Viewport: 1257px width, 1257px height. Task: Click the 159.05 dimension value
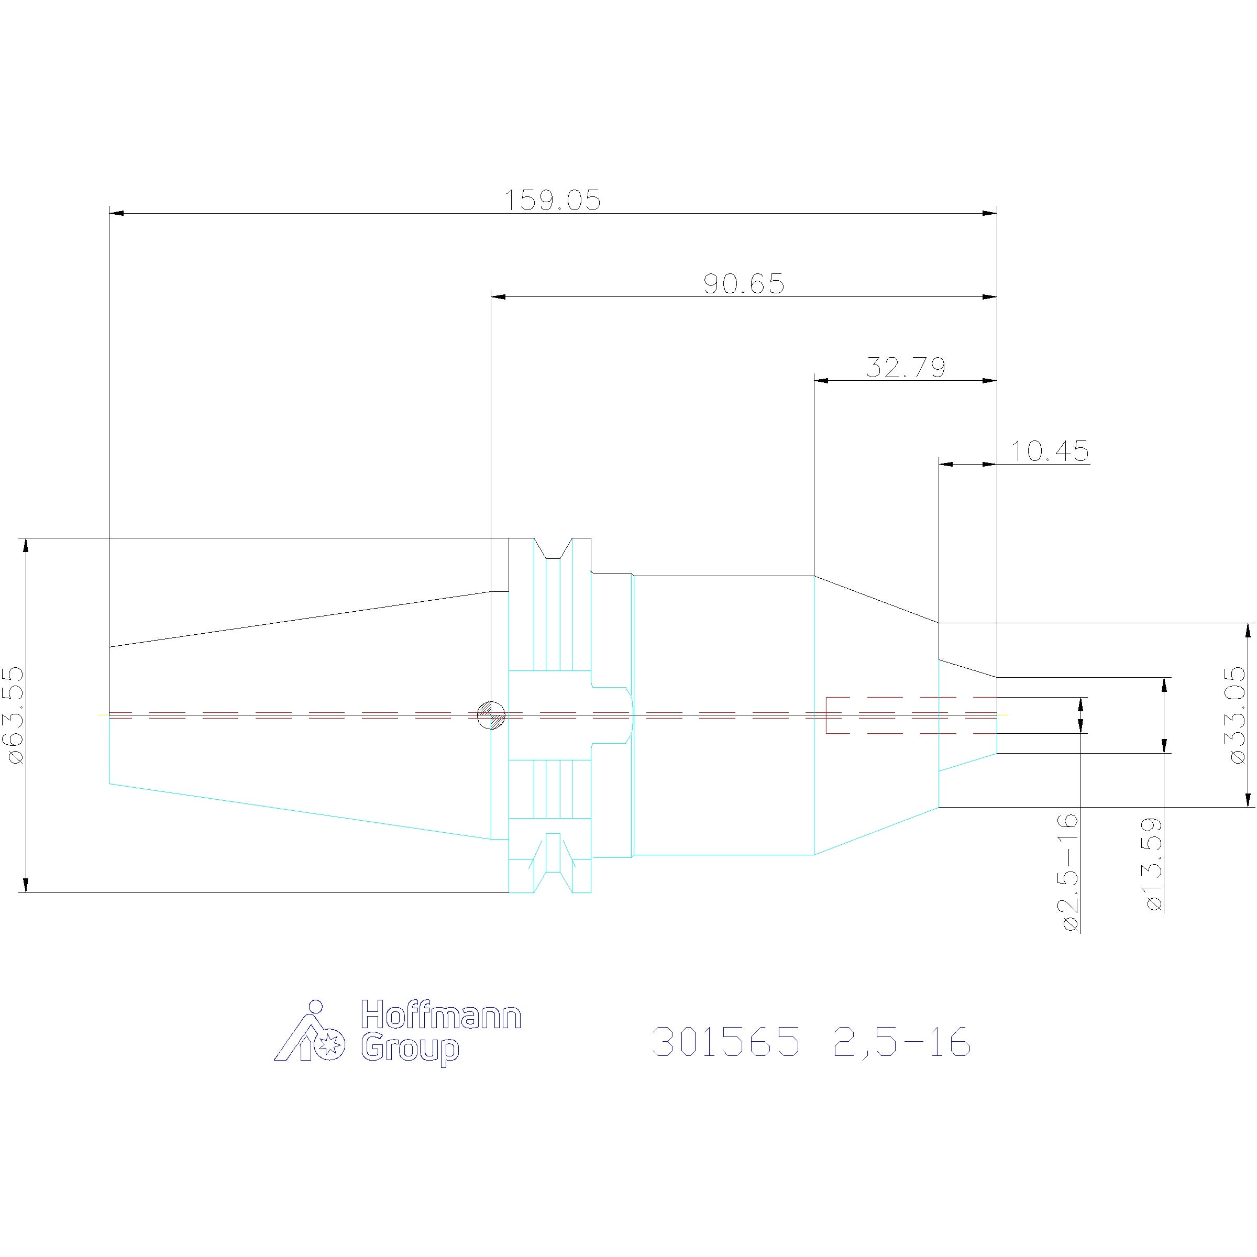[553, 201]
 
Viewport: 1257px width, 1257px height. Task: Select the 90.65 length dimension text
[744, 284]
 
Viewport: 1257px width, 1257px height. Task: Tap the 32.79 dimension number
[906, 368]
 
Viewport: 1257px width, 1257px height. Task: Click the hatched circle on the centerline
[491, 715]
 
